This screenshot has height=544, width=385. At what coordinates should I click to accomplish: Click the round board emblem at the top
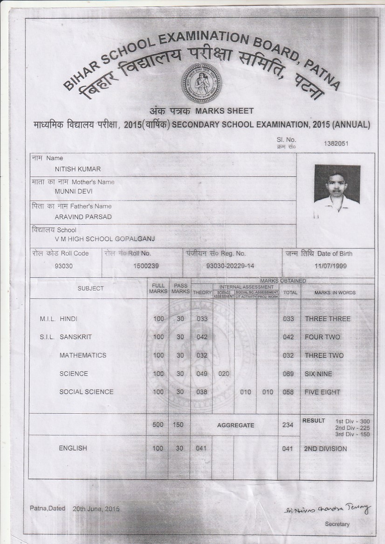[x=201, y=83]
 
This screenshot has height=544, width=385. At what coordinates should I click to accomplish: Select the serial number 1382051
[x=336, y=143]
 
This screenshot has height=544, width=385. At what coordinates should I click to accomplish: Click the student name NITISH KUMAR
[x=78, y=169]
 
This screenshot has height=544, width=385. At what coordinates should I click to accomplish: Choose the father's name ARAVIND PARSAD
[x=83, y=217]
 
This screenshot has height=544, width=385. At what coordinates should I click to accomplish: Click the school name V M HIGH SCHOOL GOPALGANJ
[x=105, y=239]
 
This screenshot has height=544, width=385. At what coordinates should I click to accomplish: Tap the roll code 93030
[x=64, y=266]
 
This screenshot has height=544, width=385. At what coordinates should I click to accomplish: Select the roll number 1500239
[x=146, y=266]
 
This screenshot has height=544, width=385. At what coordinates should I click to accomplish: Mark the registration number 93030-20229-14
[x=230, y=266]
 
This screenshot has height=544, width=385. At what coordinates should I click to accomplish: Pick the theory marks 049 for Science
[x=202, y=374]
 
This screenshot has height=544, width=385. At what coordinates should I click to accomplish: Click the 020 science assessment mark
[x=224, y=374]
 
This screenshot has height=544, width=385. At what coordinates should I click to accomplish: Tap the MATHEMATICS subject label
[x=83, y=356]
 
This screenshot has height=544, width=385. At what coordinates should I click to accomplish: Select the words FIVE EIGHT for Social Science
[x=323, y=392]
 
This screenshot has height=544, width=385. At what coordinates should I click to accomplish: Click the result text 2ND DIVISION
[x=325, y=449]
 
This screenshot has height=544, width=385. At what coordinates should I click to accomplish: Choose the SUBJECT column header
[x=91, y=289]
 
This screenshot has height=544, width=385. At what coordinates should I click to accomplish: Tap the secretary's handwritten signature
[x=328, y=509]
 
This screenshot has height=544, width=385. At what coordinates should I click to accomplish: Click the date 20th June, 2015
[x=96, y=509]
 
